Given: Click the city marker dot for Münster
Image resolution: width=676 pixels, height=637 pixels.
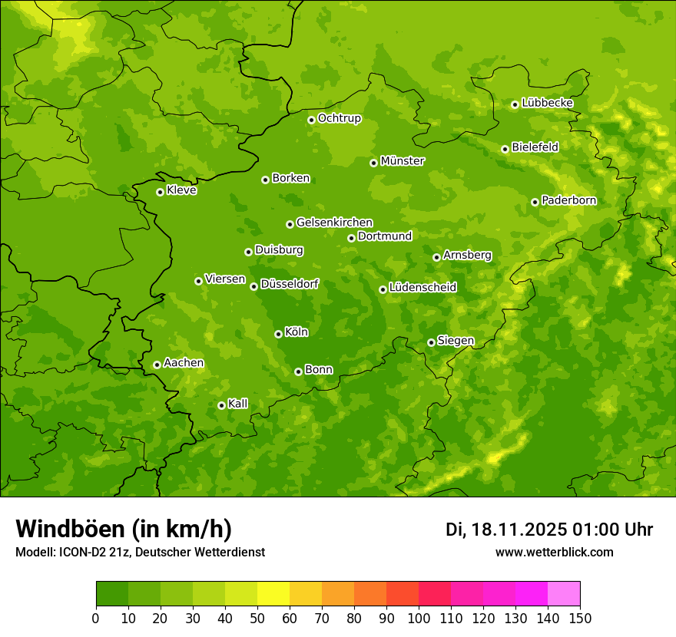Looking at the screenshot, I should click(x=373, y=163).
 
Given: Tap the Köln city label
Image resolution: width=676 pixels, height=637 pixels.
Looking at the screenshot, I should click(x=297, y=332).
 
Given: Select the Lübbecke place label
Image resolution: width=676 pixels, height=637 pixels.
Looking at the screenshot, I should click(x=547, y=103).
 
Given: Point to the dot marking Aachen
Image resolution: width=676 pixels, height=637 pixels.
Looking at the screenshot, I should click(x=157, y=365).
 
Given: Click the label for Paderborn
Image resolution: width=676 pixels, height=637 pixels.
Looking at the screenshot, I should click(x=568, y=200).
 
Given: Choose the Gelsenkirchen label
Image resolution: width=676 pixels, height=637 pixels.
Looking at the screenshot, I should click(x=334, y=223).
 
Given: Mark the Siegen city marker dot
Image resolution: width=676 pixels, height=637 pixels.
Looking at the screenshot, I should click(x=431, y=342).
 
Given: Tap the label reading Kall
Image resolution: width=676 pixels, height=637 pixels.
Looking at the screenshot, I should click(x=237, y=404).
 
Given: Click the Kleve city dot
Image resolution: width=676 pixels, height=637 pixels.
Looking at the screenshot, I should click(x=160, y=192).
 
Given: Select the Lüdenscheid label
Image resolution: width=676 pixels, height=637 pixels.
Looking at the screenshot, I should click(x=422, y=288).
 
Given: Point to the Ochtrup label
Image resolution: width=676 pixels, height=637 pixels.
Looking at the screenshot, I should click(x=339, y=118).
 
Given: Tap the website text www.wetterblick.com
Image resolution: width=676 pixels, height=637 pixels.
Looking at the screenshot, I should click(x=554, y=553).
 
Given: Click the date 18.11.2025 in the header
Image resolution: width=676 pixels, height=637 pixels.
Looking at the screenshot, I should click(x=519, y=530).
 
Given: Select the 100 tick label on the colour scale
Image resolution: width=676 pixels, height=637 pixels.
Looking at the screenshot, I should click(x=419, y=618).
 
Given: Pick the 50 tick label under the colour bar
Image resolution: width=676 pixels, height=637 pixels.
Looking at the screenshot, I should click(x=257, y=618).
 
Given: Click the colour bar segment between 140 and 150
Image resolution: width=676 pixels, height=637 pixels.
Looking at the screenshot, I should click(x=564, y=594).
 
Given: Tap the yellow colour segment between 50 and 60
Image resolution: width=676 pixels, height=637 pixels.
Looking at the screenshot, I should click(x=273, y=594).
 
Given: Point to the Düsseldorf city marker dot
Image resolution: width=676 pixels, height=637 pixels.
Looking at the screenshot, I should click(x=253, y=286).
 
